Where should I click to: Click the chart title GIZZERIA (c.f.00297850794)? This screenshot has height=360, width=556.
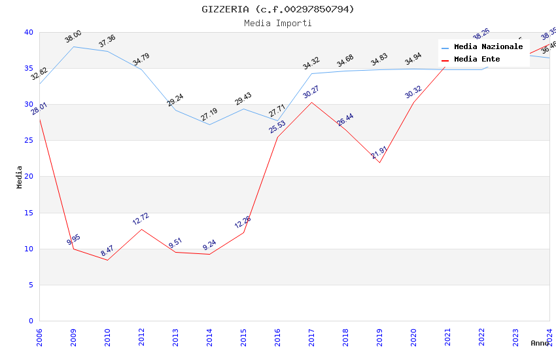278,9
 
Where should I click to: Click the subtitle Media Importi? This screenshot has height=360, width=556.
278,23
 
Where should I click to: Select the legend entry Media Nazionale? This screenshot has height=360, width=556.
488,47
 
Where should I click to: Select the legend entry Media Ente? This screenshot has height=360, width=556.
477,60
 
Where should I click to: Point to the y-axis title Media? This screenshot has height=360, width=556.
20,177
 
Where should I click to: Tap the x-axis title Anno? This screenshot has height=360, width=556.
540,343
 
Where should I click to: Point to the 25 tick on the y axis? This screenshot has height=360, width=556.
28,141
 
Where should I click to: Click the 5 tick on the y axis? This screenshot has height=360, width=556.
30,285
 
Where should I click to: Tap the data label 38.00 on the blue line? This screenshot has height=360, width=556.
73,37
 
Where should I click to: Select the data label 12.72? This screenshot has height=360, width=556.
141,219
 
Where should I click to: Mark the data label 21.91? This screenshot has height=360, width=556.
379,153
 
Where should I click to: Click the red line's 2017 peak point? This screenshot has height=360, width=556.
312,102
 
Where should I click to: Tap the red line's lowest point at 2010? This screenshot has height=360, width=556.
107,260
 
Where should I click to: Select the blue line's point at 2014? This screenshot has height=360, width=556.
209,124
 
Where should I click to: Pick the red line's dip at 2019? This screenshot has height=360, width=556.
379,162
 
